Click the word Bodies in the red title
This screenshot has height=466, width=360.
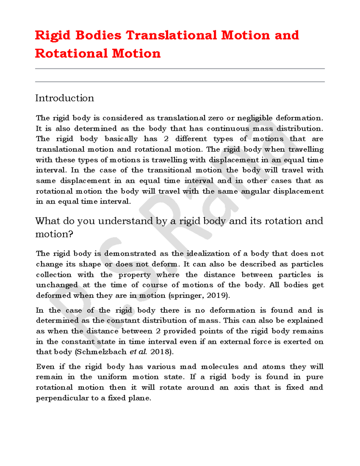tap(98, 35)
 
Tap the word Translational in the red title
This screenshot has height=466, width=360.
tap(171, 35)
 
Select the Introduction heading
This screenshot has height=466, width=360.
tap(64, 98)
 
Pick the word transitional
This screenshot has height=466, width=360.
tap(169, 170)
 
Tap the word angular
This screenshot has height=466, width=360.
tap(255, 191)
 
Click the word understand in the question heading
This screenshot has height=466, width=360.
tap(126, 221)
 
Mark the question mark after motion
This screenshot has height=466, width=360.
tap(71, 234)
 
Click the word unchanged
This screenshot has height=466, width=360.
tap(57, 285)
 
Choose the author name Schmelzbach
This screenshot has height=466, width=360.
tap(102, 352)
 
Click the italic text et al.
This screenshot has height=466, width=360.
tap(138, 352)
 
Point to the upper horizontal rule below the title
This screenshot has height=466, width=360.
tap(180, 69)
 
